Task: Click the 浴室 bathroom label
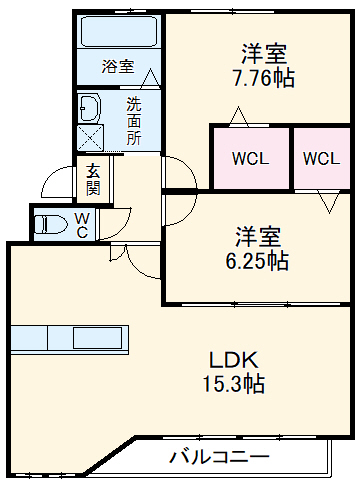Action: [118, 67]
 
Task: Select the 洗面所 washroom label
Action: [133, 119]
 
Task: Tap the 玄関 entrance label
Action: [92, 179]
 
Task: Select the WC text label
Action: [83, 225]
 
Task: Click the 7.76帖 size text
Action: [262, 77]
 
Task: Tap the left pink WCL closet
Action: [249, 158]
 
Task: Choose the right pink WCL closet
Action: [321, 158]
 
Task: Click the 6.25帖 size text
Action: [257, 262]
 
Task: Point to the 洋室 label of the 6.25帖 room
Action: [257, 238]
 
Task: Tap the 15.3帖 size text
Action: [236, 384]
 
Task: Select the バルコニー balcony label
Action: [218, 458]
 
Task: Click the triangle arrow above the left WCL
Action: [238, 118]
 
